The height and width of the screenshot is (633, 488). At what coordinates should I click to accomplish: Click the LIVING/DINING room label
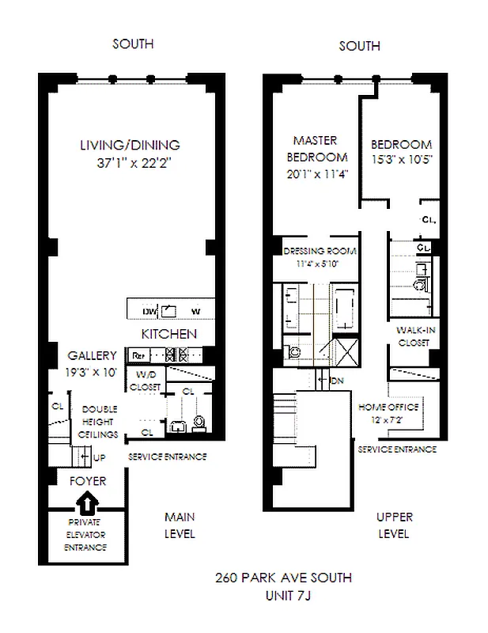[130, 146]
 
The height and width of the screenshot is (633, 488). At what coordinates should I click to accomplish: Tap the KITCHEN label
[169, 334]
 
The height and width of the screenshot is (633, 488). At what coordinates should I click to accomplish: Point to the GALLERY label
[92, 356]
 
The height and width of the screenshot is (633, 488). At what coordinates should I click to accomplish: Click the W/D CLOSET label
[145, 381]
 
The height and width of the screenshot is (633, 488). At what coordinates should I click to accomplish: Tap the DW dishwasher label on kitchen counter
[150, 310]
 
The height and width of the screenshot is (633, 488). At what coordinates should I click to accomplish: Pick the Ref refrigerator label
[138, 355]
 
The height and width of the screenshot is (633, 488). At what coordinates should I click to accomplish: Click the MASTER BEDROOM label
[317, 147]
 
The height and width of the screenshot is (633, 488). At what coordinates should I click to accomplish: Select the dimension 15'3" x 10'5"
[401, 159]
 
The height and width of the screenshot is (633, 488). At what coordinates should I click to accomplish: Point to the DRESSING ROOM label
[320, 252]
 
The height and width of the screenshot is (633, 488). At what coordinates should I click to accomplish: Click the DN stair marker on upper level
[335, 380]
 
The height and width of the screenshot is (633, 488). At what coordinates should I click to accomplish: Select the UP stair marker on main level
[99, 458]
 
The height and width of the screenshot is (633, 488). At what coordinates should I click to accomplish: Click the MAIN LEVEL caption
[179, 525]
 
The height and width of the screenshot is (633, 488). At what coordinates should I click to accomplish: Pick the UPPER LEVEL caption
[393, 525]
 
